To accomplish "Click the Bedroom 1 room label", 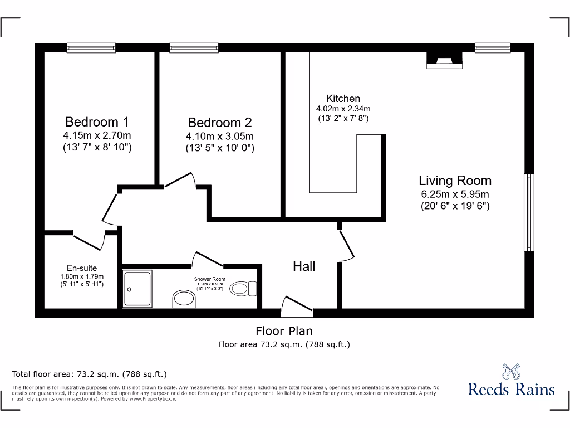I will tap(97, 121).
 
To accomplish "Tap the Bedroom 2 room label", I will tap(219, 123).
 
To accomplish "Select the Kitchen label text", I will tap(343, 99).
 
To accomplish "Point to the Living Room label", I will tap(455, 181).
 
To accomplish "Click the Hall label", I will tap(304, 266).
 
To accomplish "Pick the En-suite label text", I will tap(82, 268).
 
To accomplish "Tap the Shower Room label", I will tap(209, 278).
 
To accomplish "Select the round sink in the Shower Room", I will tap(184, 299).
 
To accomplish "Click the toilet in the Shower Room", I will tap(243, 288).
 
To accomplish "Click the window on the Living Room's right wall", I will tap(528, 212).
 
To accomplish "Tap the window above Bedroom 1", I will tap(91, 48).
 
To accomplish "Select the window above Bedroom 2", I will tap(194, 48).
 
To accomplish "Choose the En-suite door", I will tap(89, 240).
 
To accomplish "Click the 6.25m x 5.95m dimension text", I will tap(455, 194).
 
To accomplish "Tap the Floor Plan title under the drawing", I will tap(284, 331).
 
